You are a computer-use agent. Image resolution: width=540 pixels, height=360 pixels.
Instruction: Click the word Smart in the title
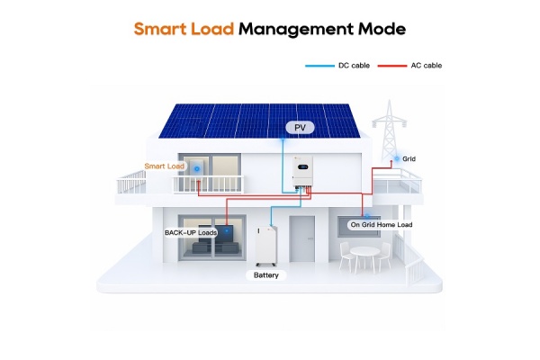click(x=160, y=29)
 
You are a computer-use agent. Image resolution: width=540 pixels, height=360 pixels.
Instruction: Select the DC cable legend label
click(x=354, y=66)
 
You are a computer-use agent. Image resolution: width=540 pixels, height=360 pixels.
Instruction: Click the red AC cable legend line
click(x=391, y=66)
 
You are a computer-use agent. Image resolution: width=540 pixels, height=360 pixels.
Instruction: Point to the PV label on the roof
click(x=300, y=128)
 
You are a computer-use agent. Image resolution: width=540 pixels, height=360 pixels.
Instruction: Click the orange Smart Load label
click(x=165, y=166)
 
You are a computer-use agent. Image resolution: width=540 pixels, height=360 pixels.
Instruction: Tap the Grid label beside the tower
click(x=409, y=158)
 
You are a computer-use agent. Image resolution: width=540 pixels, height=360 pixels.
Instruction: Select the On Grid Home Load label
click(x=382, y=225)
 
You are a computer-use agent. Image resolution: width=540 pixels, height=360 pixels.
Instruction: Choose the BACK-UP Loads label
click(x=191, y=233)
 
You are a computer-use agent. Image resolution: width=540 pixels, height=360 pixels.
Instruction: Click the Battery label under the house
click(x=265, y=275)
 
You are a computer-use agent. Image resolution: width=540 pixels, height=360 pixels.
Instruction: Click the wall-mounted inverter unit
click(x=302, y=171)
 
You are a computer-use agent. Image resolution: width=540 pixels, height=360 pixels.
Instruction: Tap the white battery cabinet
click(x=266, y=246)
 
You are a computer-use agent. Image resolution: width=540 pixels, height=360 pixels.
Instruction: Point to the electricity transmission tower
click(x=390, y=130)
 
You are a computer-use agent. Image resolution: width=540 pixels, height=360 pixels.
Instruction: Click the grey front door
click(x=302, y=238)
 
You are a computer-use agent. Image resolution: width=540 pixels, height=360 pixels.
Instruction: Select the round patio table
click(x=364, y=256)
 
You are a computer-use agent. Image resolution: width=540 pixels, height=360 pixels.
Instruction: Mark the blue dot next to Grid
click(x=397, y=158)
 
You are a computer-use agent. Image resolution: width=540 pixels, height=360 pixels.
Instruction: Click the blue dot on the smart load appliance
click(x=196, y=169)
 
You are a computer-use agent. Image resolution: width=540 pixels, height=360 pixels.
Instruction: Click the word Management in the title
click(x=296, y=30)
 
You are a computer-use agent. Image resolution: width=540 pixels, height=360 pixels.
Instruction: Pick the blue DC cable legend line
click(x=319, y=66)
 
